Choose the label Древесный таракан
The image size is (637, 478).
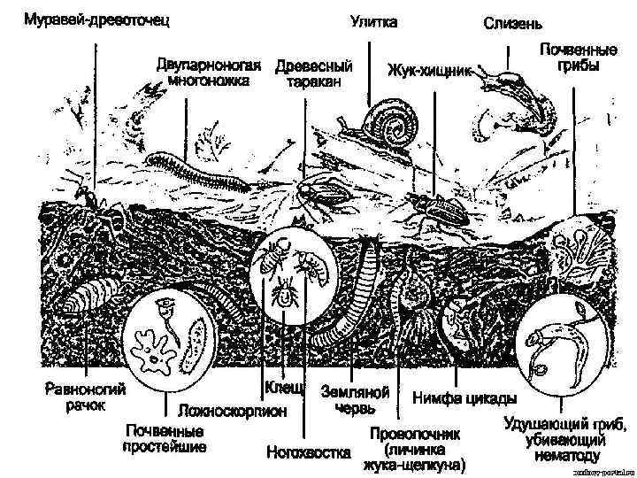tap(313, 73)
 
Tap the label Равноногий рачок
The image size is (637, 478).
tap(86, 397)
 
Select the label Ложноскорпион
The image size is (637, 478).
tap(233, 411)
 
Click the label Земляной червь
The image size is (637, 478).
tap(355, 399)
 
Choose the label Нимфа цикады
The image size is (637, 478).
tap(457, 398)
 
